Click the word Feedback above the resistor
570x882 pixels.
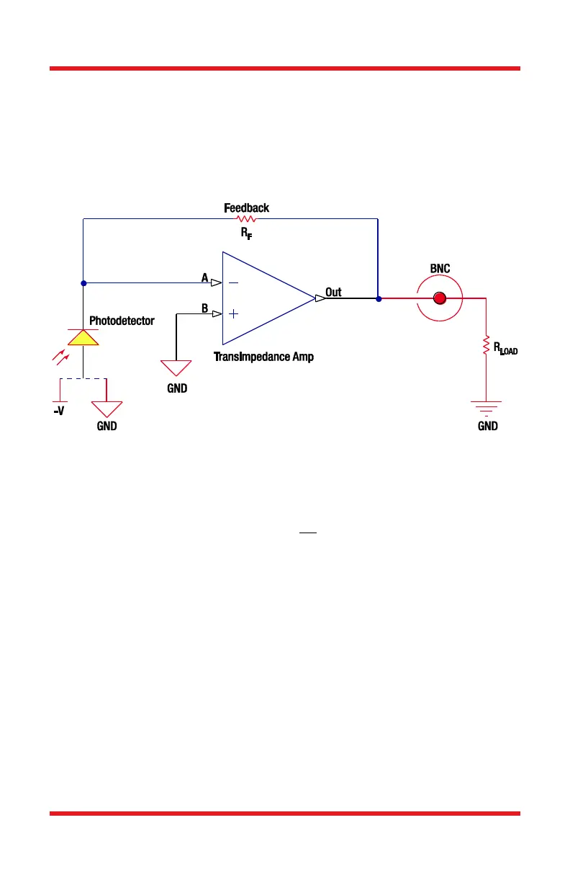pos(246,208)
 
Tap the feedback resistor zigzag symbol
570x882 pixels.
pos(246,218)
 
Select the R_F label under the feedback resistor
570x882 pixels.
pos(246,233)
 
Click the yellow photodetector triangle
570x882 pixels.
pos(83,337)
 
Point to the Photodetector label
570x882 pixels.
pos(122,321)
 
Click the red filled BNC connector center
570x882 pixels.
pos(440,298)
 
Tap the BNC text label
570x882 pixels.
pos(440,269)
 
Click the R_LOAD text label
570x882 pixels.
pos(505,349)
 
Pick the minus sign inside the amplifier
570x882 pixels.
pos(234,283)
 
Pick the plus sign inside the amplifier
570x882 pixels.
pos(234,313)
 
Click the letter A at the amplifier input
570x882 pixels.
pos(205,277)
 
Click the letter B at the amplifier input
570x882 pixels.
pos(205,308)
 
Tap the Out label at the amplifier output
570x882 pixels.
pos(333,293)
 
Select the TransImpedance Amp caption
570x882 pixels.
pos(263,357)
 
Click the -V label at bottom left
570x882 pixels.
pos(60,415)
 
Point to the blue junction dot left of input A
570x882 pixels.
pos(83,282)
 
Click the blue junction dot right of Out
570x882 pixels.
pos(378,298)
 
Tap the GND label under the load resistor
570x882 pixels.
pos(487,426)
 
